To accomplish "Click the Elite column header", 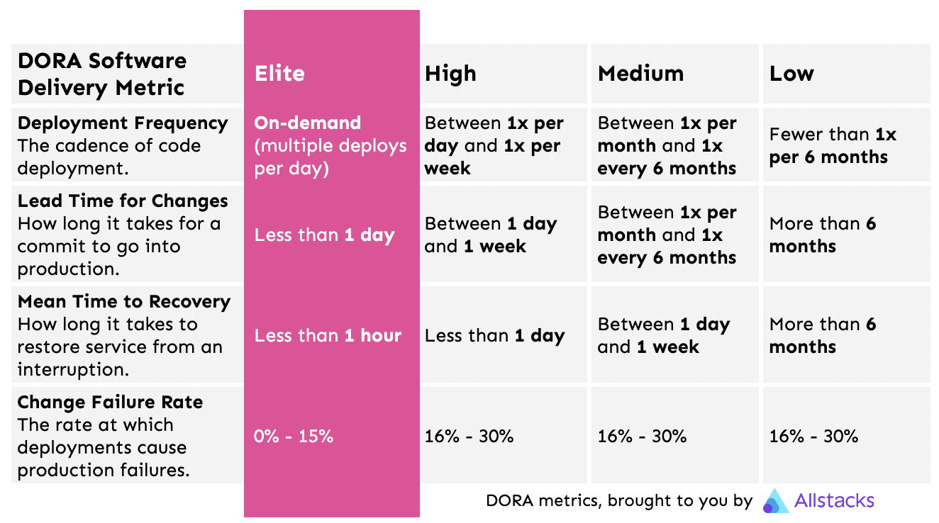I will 279,74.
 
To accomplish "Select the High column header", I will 450,74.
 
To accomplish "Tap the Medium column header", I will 640,74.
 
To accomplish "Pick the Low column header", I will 791,74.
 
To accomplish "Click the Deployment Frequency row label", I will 123,123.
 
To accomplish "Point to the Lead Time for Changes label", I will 123,201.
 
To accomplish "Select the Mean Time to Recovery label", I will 124,302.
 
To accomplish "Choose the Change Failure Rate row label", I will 110,403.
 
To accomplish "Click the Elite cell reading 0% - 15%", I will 294,437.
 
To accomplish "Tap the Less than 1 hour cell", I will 328,336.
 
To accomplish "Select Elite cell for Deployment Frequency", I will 330,146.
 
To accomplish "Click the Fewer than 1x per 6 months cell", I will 833,146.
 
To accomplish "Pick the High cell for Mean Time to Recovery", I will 494,336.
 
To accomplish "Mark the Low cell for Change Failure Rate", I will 813,437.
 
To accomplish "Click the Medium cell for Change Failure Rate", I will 642,437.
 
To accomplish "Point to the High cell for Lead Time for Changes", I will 491,235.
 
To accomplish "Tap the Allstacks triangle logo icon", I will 775,501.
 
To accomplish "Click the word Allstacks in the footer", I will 834,501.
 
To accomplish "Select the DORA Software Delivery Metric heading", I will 102,74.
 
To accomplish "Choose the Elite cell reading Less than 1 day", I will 324,235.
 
